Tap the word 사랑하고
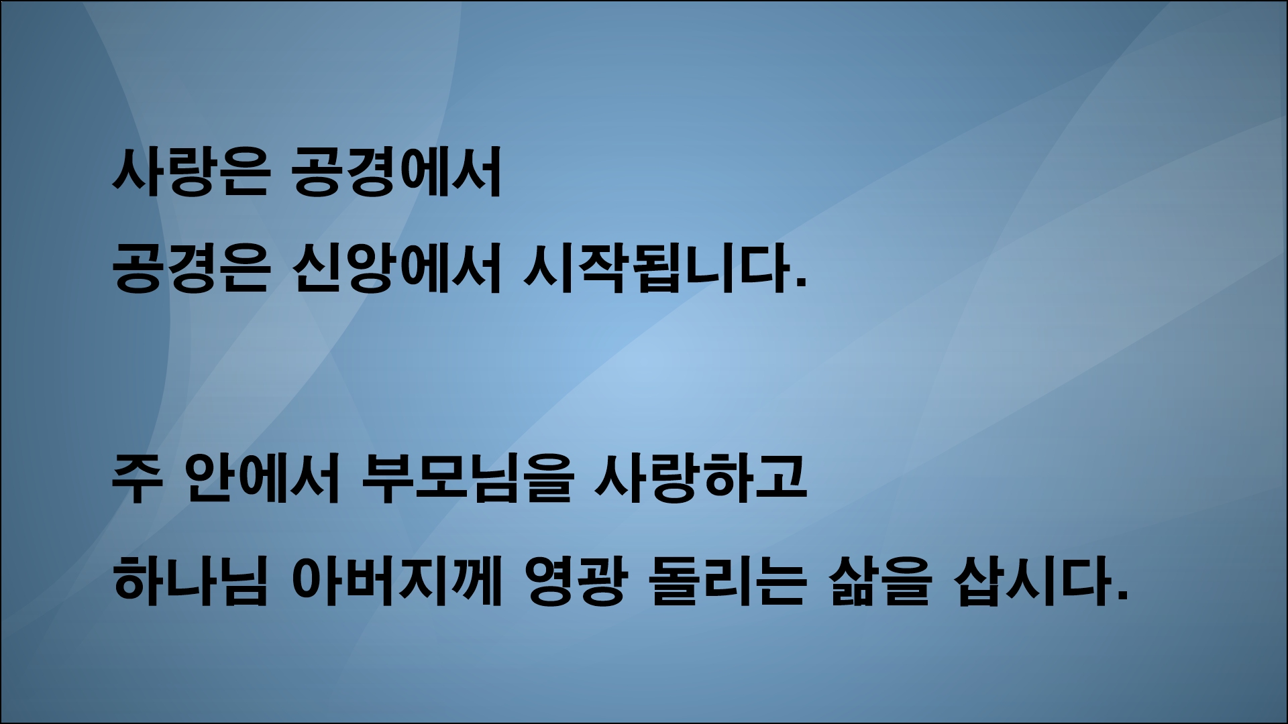(700, 481)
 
